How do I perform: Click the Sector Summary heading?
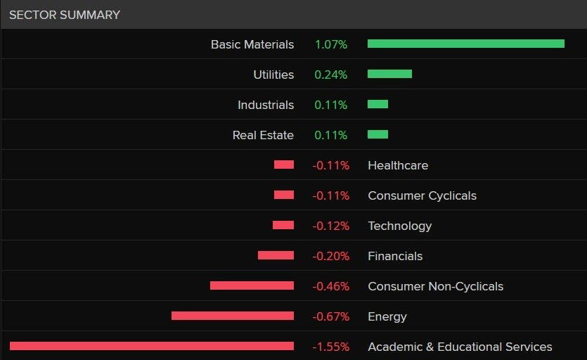65,15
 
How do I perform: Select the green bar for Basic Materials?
465,44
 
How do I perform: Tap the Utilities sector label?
273,75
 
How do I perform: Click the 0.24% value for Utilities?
331,75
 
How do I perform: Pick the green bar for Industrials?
378,104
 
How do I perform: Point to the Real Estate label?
263,135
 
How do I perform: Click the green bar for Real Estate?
378,134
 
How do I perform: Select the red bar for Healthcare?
284,165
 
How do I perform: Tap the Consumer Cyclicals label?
422,195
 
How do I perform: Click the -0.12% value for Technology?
330,226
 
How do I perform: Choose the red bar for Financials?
276,255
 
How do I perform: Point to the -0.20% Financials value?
330,256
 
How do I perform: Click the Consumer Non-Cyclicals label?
435,286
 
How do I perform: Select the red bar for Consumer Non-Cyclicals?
252,285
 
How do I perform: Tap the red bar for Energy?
233,316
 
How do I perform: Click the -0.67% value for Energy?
330,316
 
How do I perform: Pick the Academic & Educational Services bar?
152,346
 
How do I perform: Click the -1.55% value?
330,347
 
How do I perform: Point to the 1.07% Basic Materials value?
331,44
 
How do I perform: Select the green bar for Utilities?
389,74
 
